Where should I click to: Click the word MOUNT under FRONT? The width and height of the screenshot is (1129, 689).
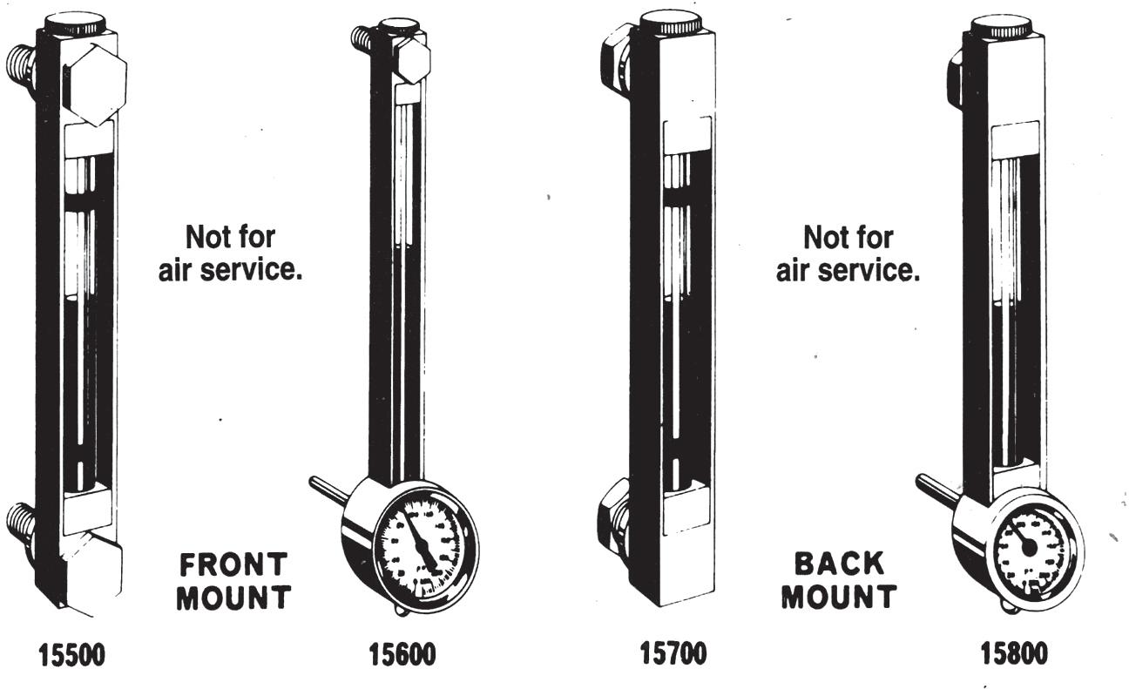(x=232, y=599)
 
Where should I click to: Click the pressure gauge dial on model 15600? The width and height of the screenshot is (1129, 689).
(x=424, y=540)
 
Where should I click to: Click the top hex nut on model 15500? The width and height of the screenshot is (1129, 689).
(x=94, y=83)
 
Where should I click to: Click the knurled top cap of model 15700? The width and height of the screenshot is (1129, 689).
(x=671, y=24)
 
